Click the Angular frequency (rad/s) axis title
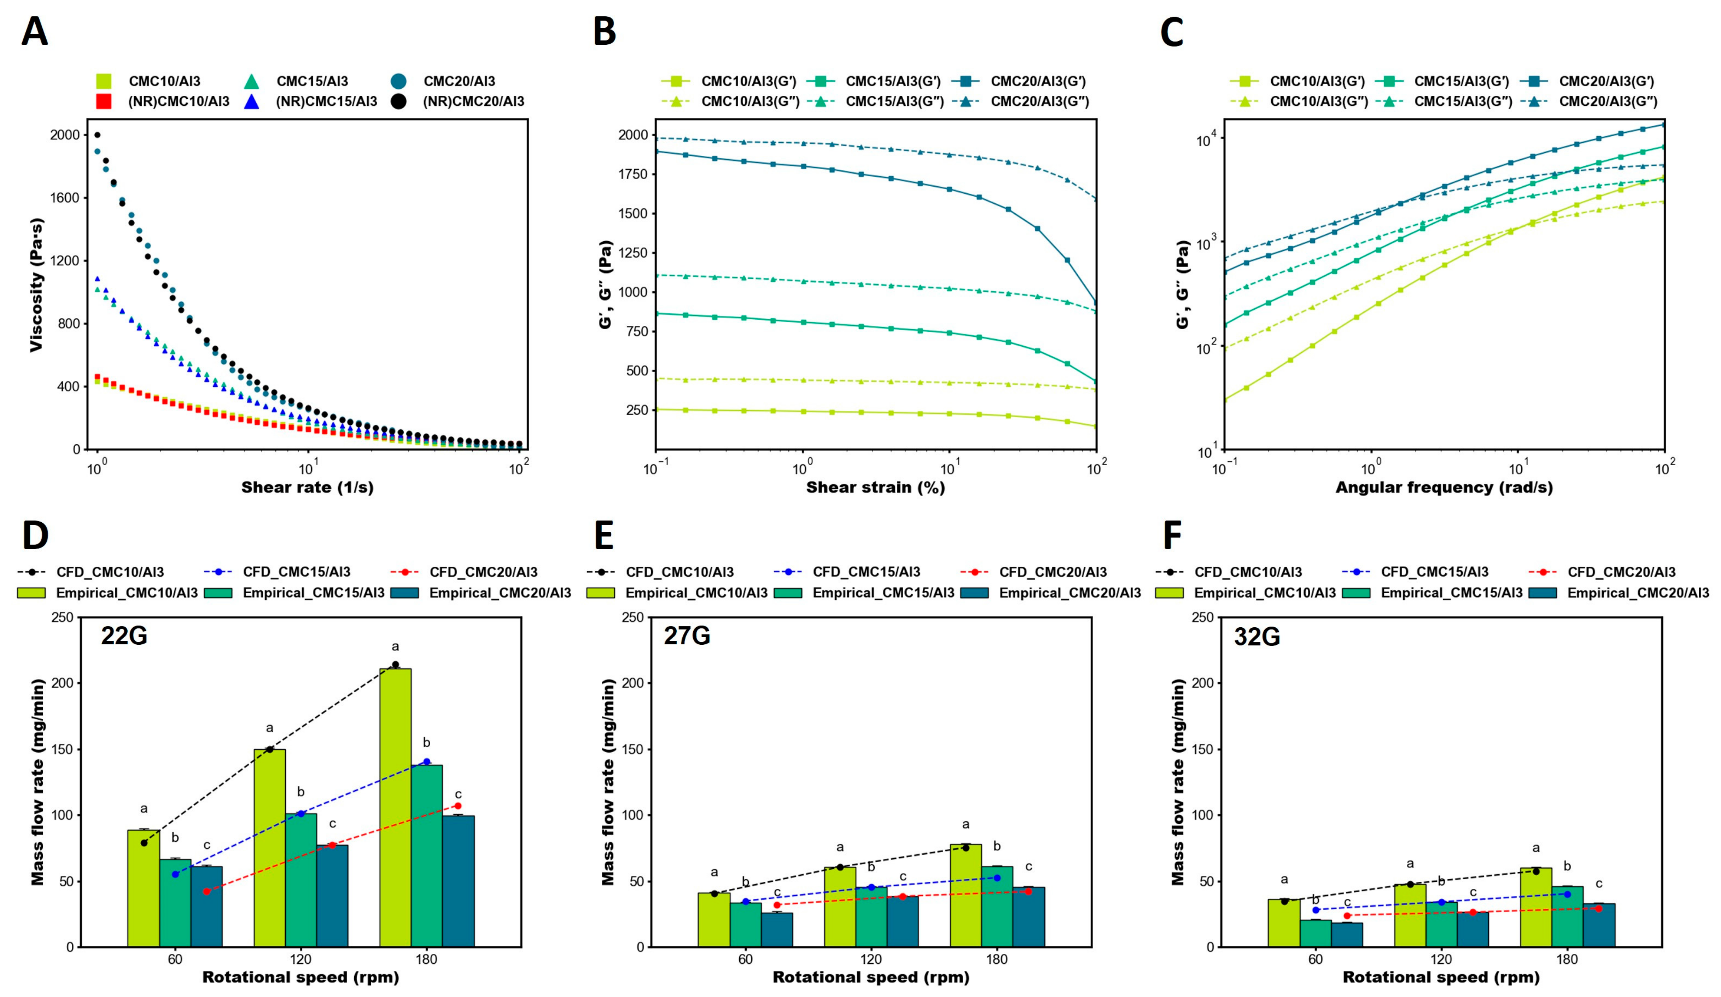point(1444,487)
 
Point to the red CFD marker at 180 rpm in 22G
point(458,806)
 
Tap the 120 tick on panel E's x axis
point(871,959)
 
